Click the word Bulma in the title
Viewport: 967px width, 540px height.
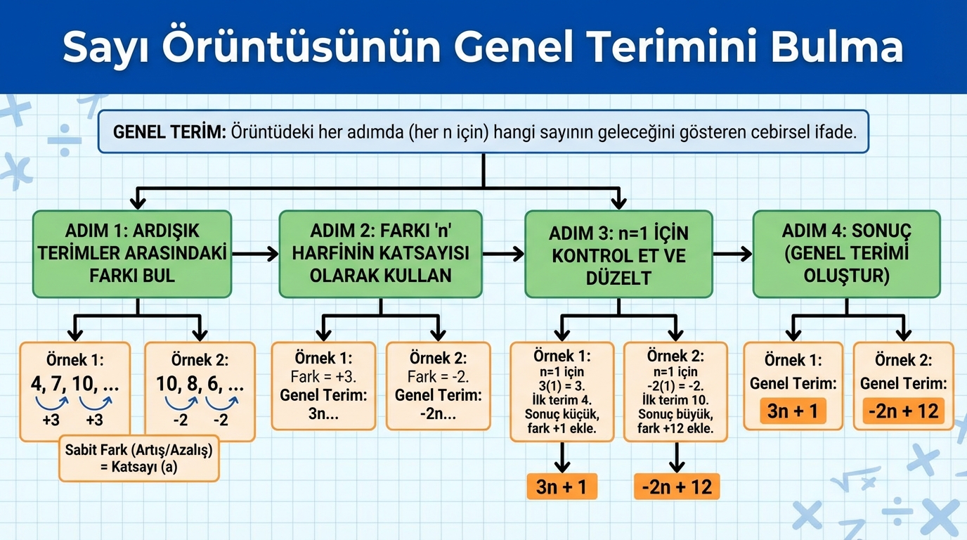837,46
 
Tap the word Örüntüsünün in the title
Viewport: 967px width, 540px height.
301,46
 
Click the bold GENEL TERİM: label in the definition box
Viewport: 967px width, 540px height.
169,132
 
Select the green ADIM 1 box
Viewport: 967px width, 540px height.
132,254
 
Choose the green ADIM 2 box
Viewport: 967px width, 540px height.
380,254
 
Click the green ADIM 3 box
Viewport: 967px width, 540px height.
618,254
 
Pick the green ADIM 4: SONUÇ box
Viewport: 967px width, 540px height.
847,254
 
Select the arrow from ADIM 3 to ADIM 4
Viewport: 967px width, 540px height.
732,254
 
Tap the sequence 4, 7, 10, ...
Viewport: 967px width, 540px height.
74,384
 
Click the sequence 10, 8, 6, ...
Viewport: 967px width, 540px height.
200,384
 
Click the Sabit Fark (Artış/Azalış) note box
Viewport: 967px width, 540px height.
139,458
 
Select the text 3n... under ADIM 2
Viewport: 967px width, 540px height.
323,414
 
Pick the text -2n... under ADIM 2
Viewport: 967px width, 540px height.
439,414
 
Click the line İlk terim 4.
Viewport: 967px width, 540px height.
562,399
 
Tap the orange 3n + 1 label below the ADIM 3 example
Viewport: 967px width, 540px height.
562,487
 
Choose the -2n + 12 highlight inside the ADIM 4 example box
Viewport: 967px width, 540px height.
904,411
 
